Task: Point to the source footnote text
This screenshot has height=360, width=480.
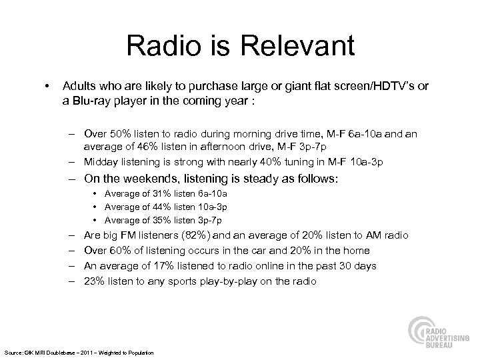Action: pos(79,352)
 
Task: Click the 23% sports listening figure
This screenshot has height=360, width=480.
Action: pos(93,281)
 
